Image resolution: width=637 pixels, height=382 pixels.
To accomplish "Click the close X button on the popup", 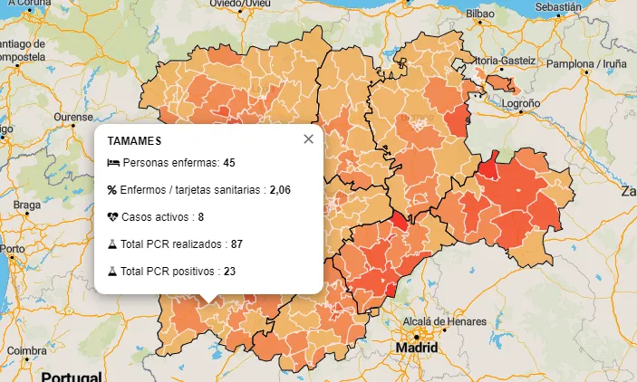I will click(x=308, y=138).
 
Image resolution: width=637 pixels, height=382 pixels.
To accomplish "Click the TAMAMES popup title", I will click(x=134, y=141).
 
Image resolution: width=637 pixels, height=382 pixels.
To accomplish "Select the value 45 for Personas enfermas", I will click(x=229, y=163).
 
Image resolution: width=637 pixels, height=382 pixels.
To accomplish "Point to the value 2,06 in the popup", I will click(x=280, y=190).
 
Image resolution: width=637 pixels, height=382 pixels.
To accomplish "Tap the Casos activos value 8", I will click(x=200, y=217).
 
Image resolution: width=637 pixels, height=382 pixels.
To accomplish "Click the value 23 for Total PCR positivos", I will click(x=229, y=271).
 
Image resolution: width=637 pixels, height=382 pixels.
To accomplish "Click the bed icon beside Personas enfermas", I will click(x=112, y=163).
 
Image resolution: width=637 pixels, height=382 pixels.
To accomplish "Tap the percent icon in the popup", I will click(x=112, y=190).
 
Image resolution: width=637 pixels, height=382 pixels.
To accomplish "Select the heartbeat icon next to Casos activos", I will click(x=112, y=217).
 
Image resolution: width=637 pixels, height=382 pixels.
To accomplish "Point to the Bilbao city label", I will click(x=479, y=14).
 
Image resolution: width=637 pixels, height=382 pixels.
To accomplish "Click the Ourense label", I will click(x=72, y=118).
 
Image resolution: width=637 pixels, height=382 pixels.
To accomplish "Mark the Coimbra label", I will click(x=27, y=350).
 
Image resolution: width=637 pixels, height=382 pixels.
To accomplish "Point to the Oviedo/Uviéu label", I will click(x=240, y=4).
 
